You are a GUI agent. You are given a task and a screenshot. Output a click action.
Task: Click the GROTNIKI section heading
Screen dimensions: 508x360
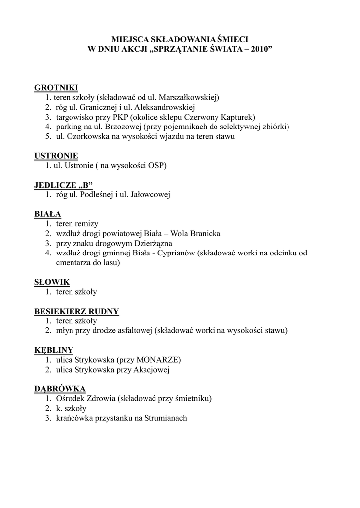pyautogui.click(x=56, y=88)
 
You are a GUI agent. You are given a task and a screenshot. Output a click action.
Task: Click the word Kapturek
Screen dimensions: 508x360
pyautogui.click(x=238, y=117)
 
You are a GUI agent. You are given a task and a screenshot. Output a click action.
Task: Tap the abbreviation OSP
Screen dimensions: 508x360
pyautogui.click(x=157, y=166)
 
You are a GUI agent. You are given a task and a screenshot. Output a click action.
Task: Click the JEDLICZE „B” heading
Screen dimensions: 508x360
pyautogui.click(x=64, y=185)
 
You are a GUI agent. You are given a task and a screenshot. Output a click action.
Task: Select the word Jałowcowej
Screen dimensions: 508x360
pyautogui.click(x=149, y=195)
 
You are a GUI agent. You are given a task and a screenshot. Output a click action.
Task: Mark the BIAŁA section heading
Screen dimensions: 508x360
pyautogui.click(x=48, y=214)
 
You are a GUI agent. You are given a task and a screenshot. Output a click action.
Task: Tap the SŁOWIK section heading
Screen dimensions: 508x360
pyautogui.click(x=52, y=282)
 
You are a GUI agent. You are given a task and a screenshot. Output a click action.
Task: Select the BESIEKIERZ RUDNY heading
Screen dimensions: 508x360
pyautogui.click(x=76, y=312)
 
